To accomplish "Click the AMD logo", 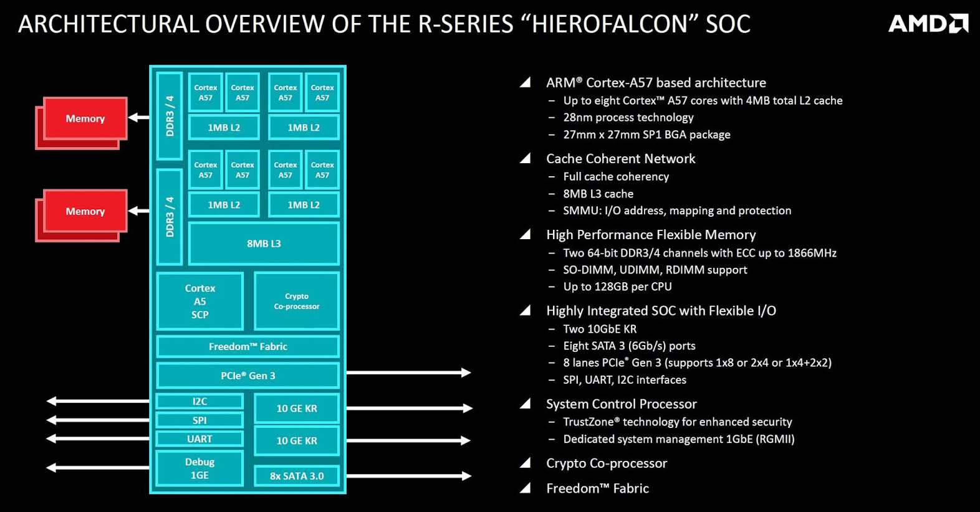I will pos(928,24).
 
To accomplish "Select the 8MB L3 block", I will pos(264,244).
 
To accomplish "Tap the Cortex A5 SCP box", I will pos(199,301).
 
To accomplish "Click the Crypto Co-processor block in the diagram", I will pos(297,301).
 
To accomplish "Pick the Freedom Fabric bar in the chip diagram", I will pos(247,346).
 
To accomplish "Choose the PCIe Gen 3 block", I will pos(247,376).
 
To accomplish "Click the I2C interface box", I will pos(199,402).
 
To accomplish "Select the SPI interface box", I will pos(199,420).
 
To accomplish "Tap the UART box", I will pos(199,439).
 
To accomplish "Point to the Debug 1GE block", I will pos(199,468).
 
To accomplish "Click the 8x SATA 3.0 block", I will pos(297,476).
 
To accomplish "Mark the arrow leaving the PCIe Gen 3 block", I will pos(408,372).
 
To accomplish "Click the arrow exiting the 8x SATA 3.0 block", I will pos(408,476).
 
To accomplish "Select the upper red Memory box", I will pos(85,118).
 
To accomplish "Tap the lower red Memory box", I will pos(85,211).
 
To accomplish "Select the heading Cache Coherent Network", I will pos(620,159).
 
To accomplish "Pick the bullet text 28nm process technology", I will pos(628,117).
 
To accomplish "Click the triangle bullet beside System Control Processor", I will pos(526,404).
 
